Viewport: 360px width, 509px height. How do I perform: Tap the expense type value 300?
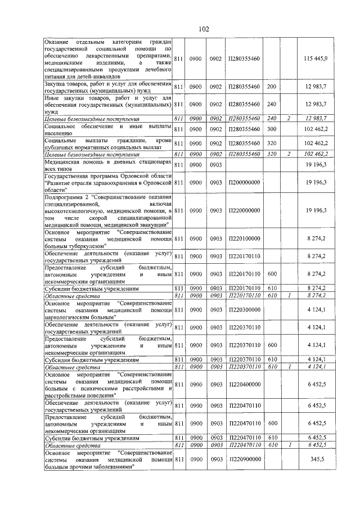click(272, 129)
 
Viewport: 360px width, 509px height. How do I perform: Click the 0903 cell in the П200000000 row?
click(215, 183)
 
